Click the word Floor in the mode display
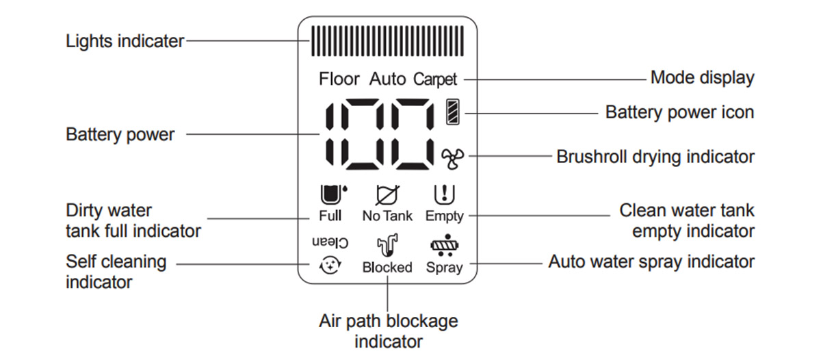click(x=339, y=79)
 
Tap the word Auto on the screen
click(x=387, y=79)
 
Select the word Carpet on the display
click(x=435, y=79)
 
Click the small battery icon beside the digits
click(x=453, y=112)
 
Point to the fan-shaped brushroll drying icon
click(x=452, y=159)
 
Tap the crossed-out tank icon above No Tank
click(x=387, y=195)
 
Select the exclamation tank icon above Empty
click(x=444, y=194)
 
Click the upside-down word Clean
click(x=330, y=242)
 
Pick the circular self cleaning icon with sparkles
click(x=330, y=265)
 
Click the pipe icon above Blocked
click(x=387, y=245)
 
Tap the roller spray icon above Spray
click(x=445, y=245)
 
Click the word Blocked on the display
click(x=387, y=267)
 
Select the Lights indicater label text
click(x=125, y=41)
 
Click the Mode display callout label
click(x=702, y=78)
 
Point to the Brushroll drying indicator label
click(x=655, y=157)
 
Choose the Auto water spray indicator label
click(x=651, y=261)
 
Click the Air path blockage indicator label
click(x=389, y=331)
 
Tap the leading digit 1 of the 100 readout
click(x=330, y=134)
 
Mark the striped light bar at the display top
click(x=387, y=40)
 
